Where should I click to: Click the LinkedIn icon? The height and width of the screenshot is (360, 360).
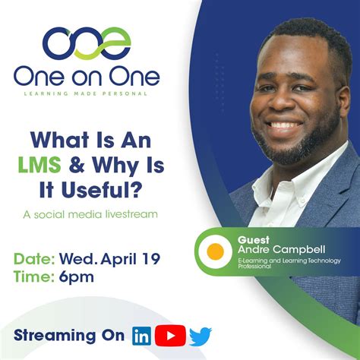pyautogui.click(x=142, y=335)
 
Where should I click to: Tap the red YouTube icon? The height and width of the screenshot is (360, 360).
pyautogui.click(x=170, y=335)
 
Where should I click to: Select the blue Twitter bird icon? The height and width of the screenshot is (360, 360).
pyautogui.click(x=201, y=336)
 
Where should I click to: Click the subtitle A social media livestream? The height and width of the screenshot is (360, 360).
pyautogui.click(x=90, y=213)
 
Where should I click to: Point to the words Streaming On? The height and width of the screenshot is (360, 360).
pyautogui.click(x=70, y=335)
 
